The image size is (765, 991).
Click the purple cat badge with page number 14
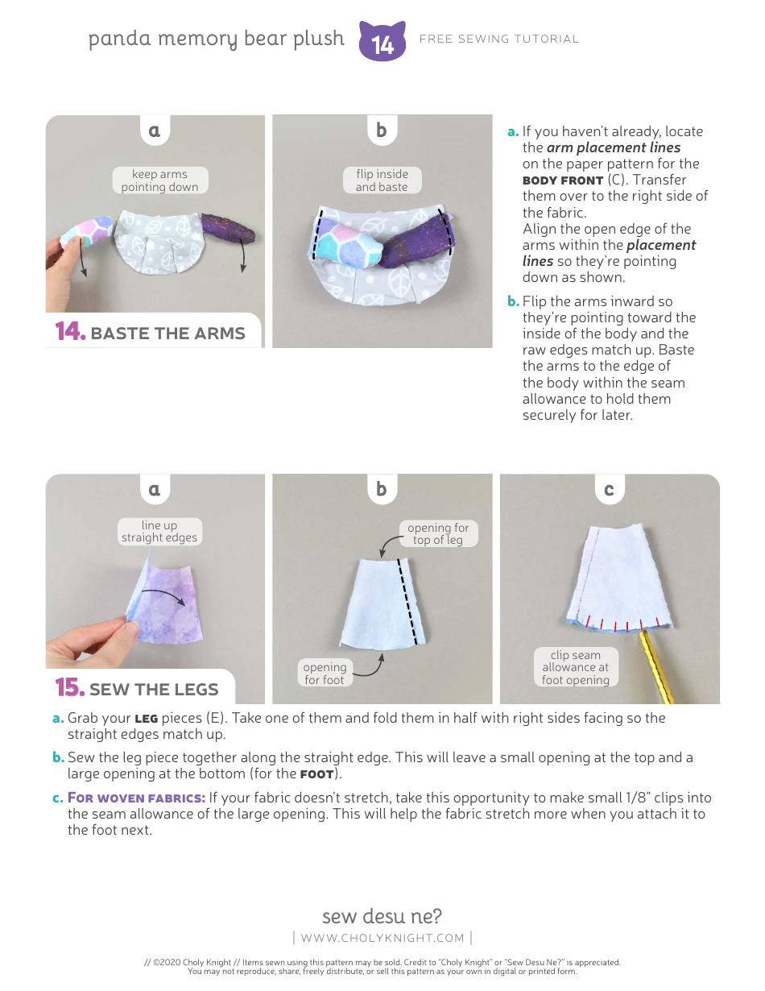382,41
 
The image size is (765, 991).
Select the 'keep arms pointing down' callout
159,180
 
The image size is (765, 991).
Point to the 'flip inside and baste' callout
382,180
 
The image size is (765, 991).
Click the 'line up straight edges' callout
159,532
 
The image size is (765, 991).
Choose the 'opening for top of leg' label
438,534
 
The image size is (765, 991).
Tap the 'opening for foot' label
325,674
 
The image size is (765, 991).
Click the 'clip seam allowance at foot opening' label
576,668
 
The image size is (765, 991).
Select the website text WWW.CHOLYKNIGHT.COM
382,938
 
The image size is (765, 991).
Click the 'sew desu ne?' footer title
382,916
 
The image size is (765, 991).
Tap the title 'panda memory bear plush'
217,39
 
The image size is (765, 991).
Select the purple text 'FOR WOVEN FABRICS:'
136,798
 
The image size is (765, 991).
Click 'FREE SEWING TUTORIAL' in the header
499,39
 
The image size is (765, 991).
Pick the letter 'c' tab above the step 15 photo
609,489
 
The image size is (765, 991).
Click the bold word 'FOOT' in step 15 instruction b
316,774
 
